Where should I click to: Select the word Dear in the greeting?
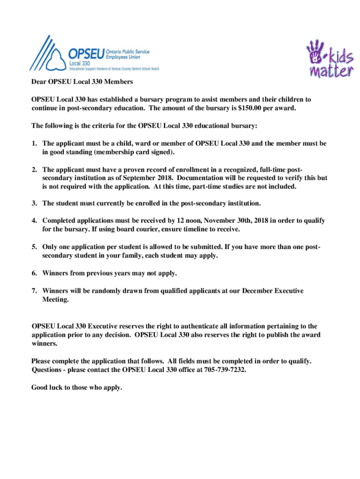pyautogui.click(x=39, y=82)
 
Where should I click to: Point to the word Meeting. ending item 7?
pyautogui.click(x=56, y=300)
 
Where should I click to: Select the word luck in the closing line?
pyautogui.click(x=58, y=387)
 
